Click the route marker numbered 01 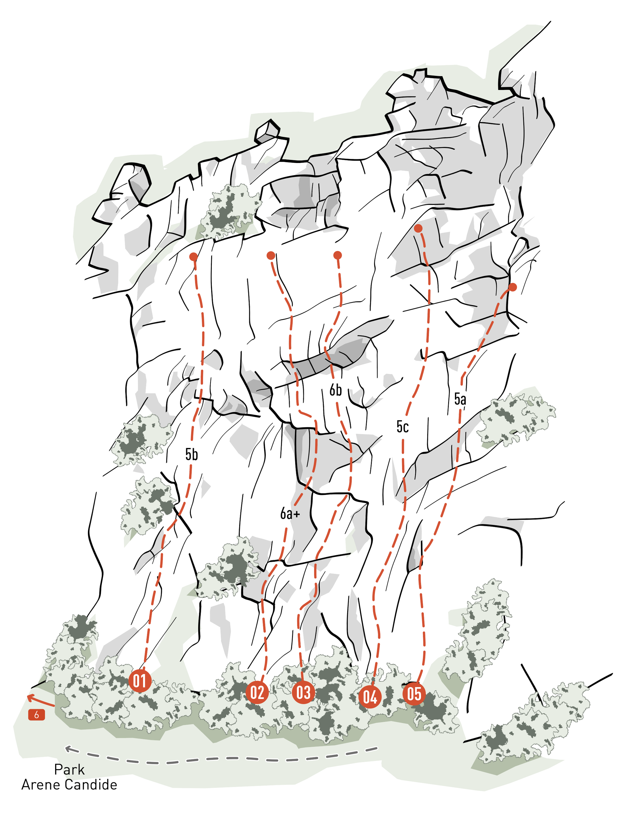[x=140, y=681]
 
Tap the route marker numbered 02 [x=257, y=693]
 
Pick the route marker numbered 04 [x=370, y=697]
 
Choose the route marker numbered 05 [x=414, y=694]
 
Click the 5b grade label [x=192, y=454]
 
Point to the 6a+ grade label [x=290, y=513]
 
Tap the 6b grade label [x=335, y=390]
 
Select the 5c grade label [x=402, y=427]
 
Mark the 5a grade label [x=460, y=399]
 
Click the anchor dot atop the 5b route [x=193, y=256]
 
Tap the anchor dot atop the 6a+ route [x=271, y=255]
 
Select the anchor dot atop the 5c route [x=418, y=228]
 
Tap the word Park [x=69, y=770]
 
